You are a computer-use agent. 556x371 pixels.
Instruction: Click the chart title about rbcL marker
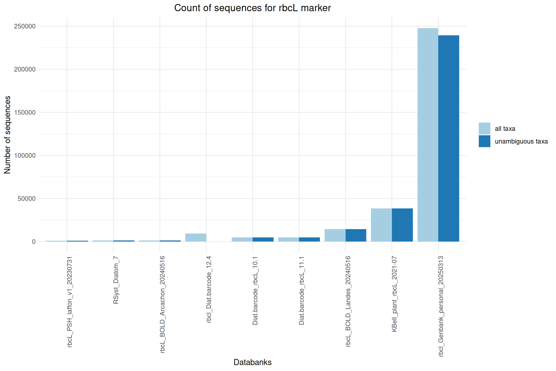point(252,8)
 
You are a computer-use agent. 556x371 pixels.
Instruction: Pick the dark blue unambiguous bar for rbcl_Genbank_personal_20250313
point(449,138)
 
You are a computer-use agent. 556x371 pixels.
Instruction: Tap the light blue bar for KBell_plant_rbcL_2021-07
point(381,225)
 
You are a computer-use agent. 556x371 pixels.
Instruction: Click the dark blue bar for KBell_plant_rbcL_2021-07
point(402,225)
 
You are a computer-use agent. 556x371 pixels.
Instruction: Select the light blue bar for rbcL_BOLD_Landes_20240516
point(335,235)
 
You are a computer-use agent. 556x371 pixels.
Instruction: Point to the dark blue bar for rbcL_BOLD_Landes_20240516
point(356,235)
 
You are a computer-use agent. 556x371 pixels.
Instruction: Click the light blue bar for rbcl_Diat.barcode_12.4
point(196,237)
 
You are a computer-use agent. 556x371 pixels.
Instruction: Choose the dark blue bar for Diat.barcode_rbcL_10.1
point(263,239)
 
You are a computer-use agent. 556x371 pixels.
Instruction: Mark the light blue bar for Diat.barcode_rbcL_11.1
point(288,239)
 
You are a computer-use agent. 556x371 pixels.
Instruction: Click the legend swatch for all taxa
point(484,128)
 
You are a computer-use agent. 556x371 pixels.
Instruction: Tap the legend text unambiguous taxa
point(521,141)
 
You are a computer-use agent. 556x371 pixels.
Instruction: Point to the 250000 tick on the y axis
point(25,26)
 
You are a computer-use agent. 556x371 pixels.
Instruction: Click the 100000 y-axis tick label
point(25,155)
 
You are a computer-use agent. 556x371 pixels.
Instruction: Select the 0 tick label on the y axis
point(34,242)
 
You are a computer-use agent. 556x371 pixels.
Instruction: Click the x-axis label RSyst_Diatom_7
point(116,280)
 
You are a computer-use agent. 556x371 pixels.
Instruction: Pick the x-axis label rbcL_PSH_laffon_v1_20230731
point(70,301)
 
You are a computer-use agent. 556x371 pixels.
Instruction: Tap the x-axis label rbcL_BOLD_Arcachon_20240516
point(163,304)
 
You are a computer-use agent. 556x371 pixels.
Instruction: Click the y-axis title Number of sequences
point(7,135)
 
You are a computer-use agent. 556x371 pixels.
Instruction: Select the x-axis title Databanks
point(252,362)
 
